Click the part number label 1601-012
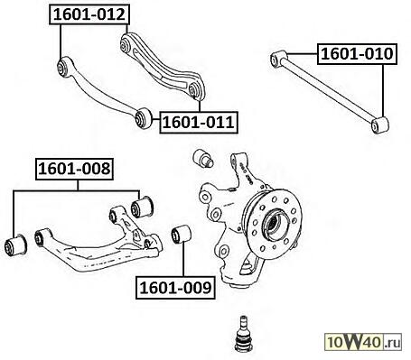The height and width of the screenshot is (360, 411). tap(89, 14)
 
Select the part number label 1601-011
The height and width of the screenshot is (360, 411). tap(199, 123)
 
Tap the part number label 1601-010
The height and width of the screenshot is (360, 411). tap(357, 54)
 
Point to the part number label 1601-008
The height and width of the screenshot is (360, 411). tap(74, 169)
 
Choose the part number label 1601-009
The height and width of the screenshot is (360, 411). tap(175, 288)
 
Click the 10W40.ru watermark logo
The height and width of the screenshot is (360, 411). tap(363, 342)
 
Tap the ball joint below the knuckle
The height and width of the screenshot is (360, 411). tap(244, 333)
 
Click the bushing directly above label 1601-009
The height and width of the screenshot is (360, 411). tap(182, 235)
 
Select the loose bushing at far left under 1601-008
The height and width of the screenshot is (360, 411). tap(16, 245)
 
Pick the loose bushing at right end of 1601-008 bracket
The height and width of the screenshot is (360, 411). tap(143, 207)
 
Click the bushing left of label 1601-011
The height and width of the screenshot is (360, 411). tap(143, 117)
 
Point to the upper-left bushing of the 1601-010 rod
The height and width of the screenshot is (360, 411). tap(277, 60)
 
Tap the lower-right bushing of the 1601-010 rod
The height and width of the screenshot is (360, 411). tap(380, 125)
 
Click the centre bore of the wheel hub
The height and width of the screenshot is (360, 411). tap(275, 224)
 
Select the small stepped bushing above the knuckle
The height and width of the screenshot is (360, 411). tap(203, 157)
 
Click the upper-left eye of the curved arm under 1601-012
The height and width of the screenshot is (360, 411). tap(63, 67)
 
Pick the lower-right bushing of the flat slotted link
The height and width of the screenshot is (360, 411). tap(194, 90)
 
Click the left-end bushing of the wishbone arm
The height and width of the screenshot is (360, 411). tap(40, 237)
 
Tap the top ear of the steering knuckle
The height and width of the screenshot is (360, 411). tap(238, 160)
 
